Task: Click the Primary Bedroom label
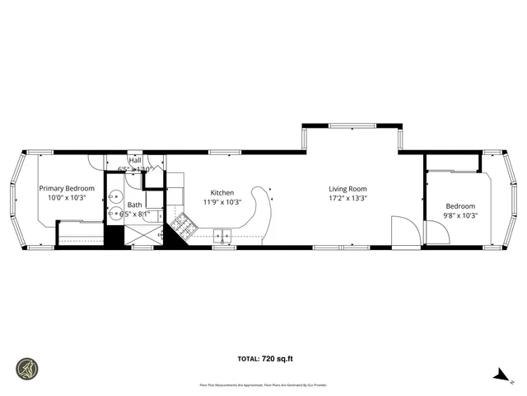pyautogui.click(x=67, y=188)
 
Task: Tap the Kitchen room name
pyautogui.click(x=222, y=192)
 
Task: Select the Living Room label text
pyautogui.click(x=347, y=188)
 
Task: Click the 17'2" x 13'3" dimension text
pyautogui.click(x=347, y=198)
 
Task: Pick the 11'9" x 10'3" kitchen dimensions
pyautogui.click(x=222, y=201)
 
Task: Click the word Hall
pyautogui.click(x=134, y=160)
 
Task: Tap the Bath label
pyautogui.click(x=134, y=205)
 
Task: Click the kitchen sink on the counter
pyautogui.click(x=222, y=238)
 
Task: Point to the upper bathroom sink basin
pyautogui.click(x=114, y=197)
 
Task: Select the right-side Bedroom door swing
pyautogui.click(x=437, y=233)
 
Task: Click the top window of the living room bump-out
pyautogui.click(x=352, y=125)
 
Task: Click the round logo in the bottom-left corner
pyautogui.click(x=26, y=368)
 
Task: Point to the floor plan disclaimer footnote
pyautogui.click(x=263, y=384)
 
